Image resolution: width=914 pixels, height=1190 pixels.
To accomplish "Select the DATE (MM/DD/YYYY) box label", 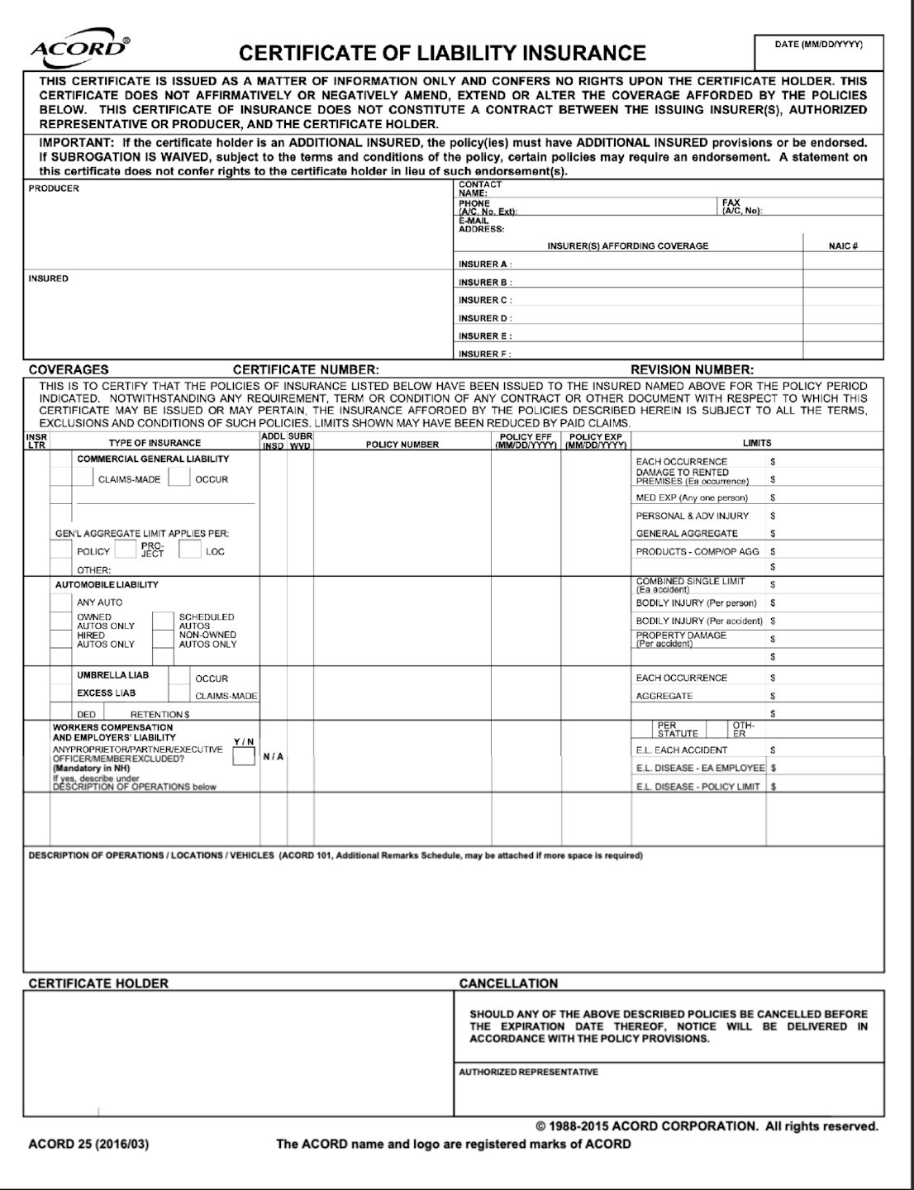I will tap(818, 45).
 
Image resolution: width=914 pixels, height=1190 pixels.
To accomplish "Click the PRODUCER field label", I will tap(54, 188).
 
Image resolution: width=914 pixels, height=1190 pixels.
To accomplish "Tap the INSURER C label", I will tap(485, 300).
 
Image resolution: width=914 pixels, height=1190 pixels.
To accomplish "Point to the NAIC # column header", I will tap(843, 246).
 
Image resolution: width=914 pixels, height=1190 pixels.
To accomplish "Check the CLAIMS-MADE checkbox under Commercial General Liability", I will tap(83, 478).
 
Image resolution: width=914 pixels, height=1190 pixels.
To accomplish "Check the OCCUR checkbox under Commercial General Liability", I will tap(179, 478).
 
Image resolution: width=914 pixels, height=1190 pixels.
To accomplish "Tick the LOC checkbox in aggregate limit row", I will tap(190, 550).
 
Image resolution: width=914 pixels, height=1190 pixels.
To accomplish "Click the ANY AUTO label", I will tap(99, 602).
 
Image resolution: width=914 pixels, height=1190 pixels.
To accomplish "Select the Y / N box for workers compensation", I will tap(244, 756).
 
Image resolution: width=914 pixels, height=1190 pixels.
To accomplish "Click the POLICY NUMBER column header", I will tap(402, 445).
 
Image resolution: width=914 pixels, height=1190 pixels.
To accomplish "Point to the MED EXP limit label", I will tap(692, 498).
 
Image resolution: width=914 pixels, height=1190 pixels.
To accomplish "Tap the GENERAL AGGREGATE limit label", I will tap(687, 534).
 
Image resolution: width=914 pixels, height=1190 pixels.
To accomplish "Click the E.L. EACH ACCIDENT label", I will tap(682, 750).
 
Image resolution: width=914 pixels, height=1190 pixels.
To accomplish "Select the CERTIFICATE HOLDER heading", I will tap(98, 983).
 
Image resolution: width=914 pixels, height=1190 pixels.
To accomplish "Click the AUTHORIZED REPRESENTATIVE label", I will tap(529, 1072).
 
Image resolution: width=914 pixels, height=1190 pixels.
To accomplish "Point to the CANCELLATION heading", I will tap(508, 983).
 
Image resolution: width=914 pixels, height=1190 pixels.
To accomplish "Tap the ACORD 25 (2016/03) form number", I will tap(88, 1145).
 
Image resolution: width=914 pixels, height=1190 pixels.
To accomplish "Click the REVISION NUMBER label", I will tap(692, 370).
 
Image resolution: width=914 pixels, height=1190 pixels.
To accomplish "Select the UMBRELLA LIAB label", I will tap(113, 675).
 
